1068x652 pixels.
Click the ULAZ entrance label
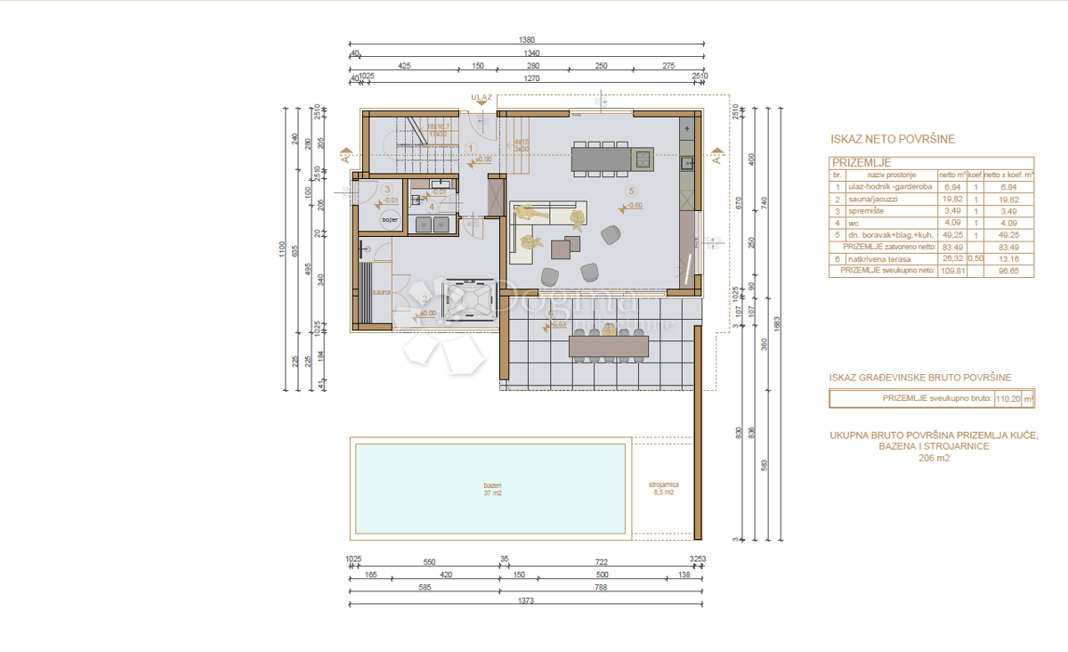click(x=481, y=97)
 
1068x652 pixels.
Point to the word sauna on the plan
click(x=382, y=292)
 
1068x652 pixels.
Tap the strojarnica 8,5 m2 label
click(x=662, y=488)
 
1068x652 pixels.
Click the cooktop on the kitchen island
click(x=642, y=159)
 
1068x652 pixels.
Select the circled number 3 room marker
click(x=387, y=189)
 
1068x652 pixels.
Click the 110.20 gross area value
click(x=1005, y=399)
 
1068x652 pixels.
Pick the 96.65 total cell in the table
click(x=1008, y=270)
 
